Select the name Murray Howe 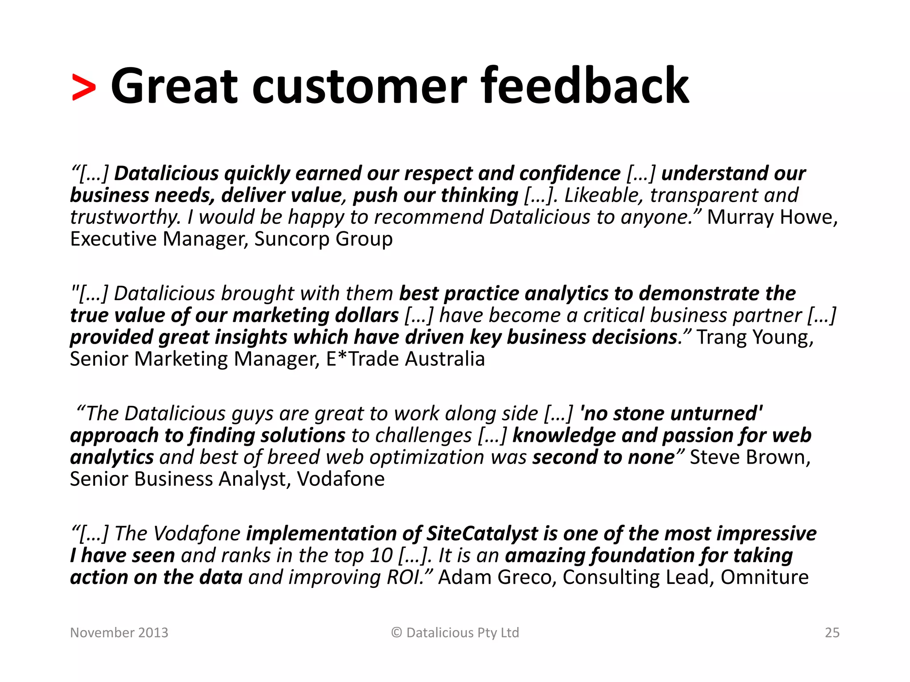coord(771,217)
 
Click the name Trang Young coord(754,337)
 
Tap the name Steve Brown coord(750,457)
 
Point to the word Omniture coord(764,577)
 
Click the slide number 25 coord(832,632)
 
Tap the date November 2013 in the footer coord(119,632)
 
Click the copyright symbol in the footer coord(396,632)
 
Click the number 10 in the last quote coord(383,555)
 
